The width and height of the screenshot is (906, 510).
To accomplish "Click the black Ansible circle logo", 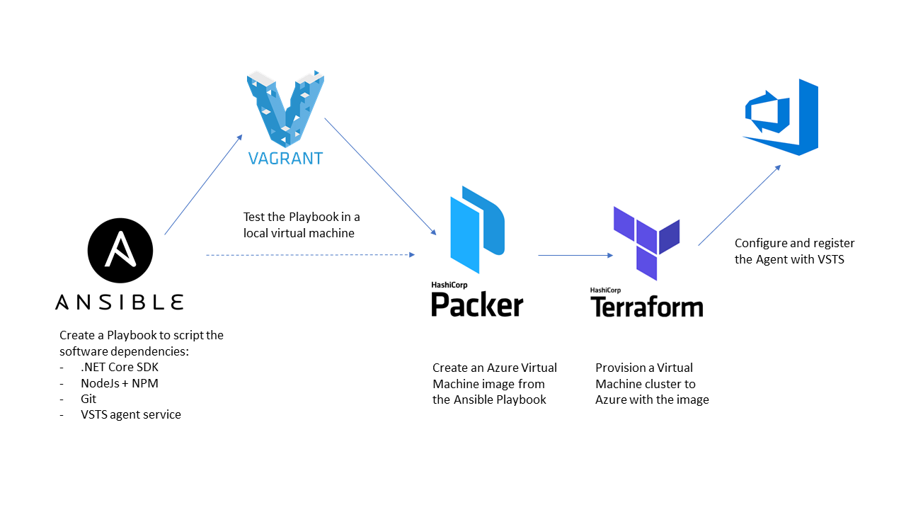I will click(120, 251).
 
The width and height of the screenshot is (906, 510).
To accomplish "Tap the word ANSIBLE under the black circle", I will click(120, 302).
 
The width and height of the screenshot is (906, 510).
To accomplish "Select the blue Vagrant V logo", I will click(285, 108).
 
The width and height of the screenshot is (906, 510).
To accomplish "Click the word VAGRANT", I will click(285, 158).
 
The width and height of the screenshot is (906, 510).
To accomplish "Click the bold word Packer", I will click(477, 305).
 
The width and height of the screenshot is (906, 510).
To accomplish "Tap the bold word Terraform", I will click(647, 307).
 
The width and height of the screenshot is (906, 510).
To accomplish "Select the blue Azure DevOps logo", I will click(781, 118).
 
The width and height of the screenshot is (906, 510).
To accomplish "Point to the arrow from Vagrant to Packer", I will click(380, 176).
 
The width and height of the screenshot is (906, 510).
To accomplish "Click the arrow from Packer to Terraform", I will click(575, 255).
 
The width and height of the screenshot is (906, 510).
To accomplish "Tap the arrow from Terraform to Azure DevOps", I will click(739, 205).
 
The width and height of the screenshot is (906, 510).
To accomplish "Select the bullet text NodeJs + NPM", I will click(120, 383).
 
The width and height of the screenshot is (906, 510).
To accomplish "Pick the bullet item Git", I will click(88, 399).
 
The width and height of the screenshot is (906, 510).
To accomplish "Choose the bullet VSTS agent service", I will click(131, 414).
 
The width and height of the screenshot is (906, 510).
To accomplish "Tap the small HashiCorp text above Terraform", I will click(605, 290).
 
